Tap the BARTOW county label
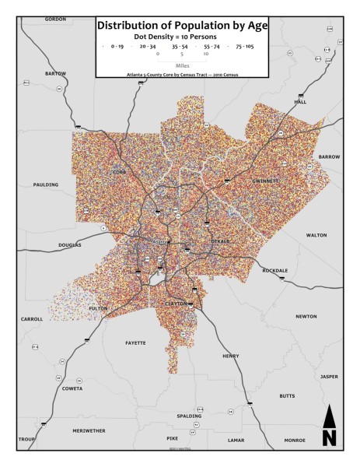pyautogui.click(x=56, y=73)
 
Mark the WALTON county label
pyautogui.click(x=316, y=234)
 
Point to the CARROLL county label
pyautogui.click(x=32, y=319)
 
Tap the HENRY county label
pyautogui.click(x=231, y=356)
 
